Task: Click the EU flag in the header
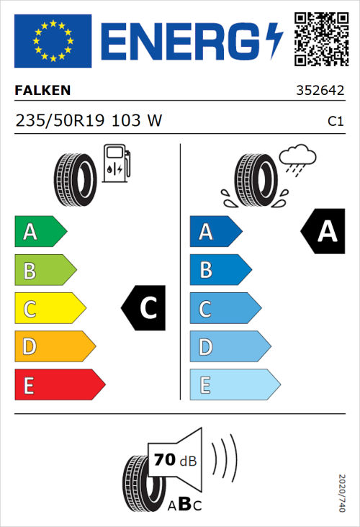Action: pyautogui.click(x=53, y=41)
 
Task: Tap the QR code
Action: pyautogui.click(x=320, y=39)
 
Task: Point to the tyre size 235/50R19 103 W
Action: pyautogui.click(x=89, y=121)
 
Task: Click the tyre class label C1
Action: pyautogui.click(x=335, y=122)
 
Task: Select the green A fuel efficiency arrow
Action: pyautogui.click(x=40, y=232)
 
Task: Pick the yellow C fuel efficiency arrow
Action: pyautogui.click(x=49, y=309)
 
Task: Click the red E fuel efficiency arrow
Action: pyautogui.click(x=59, y=385)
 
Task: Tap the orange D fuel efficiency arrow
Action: pyautogui.click(x=54, y=347)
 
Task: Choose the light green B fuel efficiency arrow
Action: pyautogui.click(x=45, y=271)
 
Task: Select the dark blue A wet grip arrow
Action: pyautogui.click(x=215, y=232)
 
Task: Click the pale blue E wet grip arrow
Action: pyautogui.click(x=234, y=385)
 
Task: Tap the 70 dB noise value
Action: pyautogui.click(x=172, y=460)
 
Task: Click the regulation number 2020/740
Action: pyautogui.click(x=341, y=493)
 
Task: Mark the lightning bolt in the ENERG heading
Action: pyautogui.click(x=275, y=41)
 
